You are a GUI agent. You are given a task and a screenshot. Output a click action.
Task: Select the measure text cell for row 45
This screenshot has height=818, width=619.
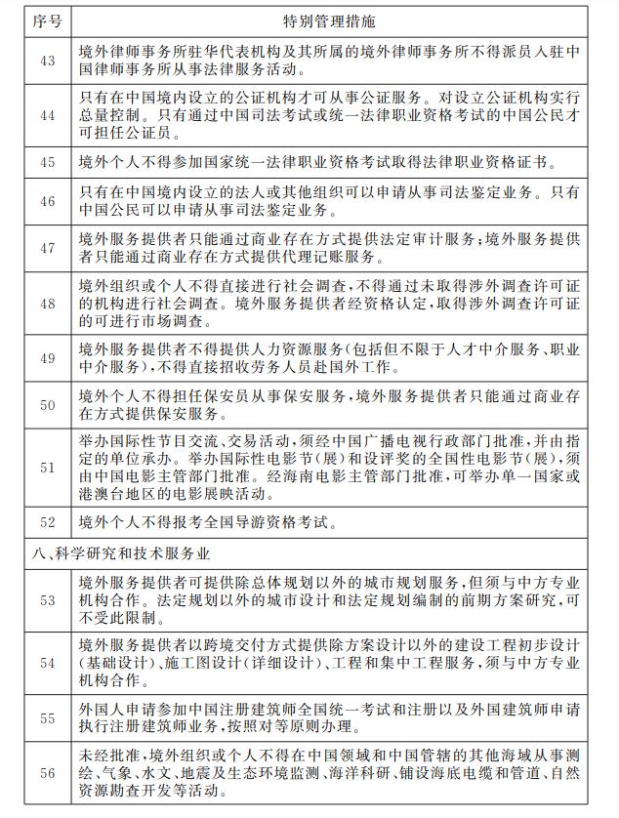(x=332, y=162)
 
